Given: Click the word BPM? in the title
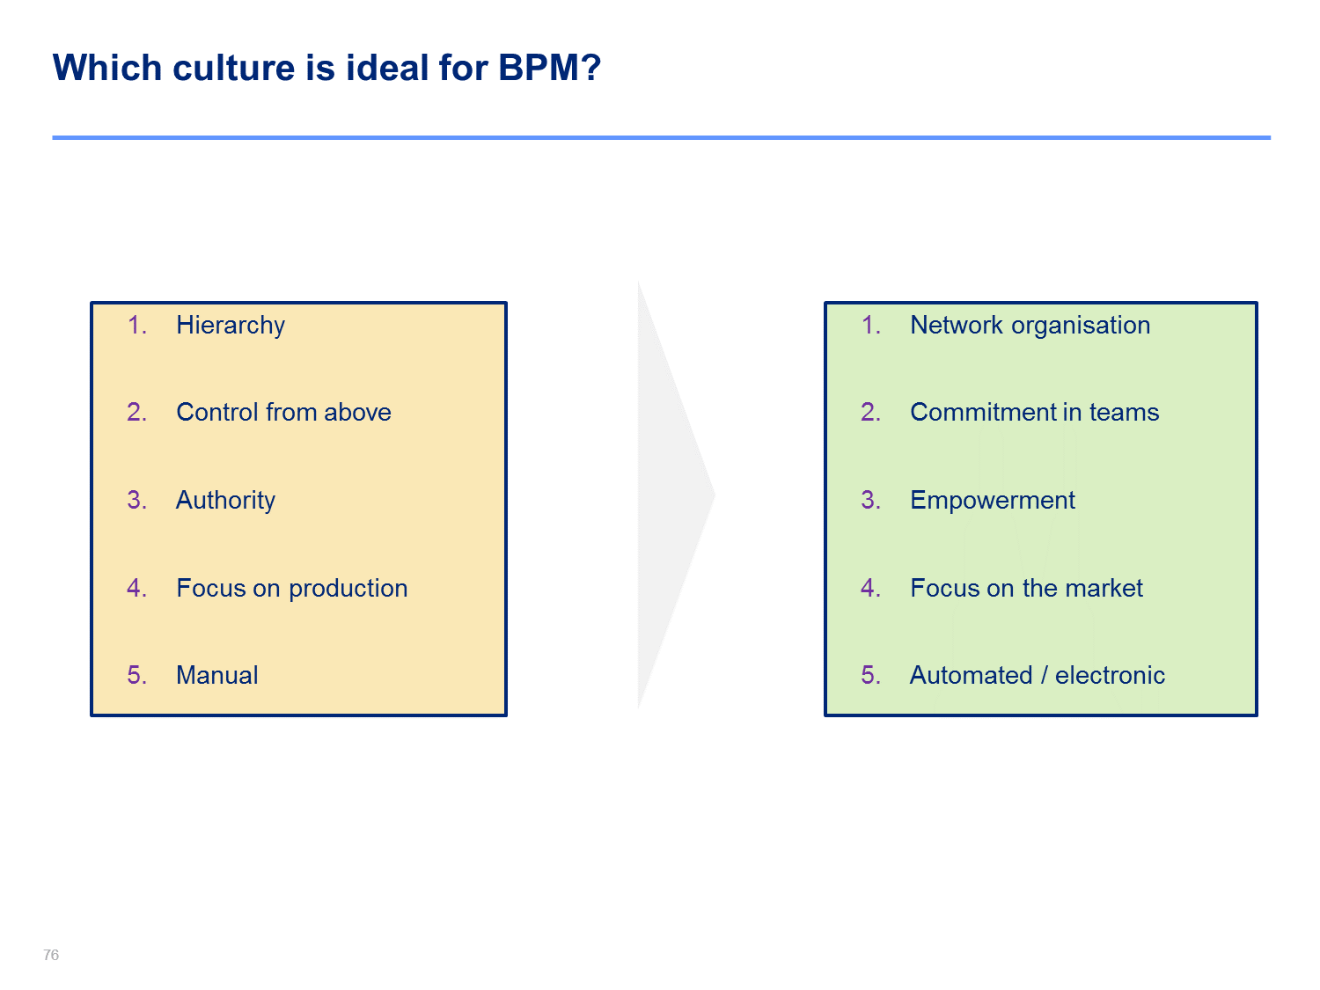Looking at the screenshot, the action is pos(549,67).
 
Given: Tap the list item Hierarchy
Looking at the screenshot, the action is pos(231,326).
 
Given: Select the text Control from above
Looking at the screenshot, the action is pos(283,413).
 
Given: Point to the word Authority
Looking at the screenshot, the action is pos(225,500).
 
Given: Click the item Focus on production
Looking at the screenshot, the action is pos(291,588).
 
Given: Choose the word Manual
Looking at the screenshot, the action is pos(217,675).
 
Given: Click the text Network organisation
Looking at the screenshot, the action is pos(1030,326).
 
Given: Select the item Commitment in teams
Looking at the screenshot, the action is pos(1034,413).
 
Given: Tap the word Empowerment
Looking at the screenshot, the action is pos(993,500).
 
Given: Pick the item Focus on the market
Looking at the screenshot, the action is pos(1026,588).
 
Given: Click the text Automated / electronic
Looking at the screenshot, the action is pos(1038,675).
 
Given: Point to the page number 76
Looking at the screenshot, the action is pos(51,955).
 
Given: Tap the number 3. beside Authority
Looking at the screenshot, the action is pos(137,500).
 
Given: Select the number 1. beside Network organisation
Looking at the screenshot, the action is pos(871,326).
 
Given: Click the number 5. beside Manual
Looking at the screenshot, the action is pos(137,675).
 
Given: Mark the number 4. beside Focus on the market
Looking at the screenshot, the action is pos(871,588).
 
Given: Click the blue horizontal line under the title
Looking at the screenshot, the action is pos(662,137).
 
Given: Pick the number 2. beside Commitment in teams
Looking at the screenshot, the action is pos(871,413).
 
